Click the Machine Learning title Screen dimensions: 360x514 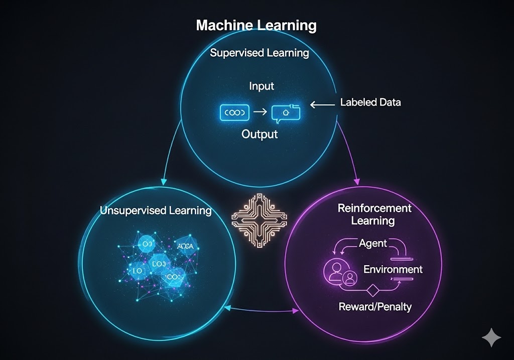coord(256,25)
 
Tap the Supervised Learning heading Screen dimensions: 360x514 coord(260,53)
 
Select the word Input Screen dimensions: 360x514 coord(262,86)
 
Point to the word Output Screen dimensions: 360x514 coord(260,135)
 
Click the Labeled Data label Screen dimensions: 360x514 coord(370,102)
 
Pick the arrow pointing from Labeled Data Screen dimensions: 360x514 coord(322,104)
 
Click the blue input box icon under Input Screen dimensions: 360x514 coord(234,113)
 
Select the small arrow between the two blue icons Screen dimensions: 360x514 coord(260,112)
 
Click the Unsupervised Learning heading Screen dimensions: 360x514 coord(156,210)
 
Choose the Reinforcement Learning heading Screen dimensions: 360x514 coord(374,214)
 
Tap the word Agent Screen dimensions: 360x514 coord(373,244)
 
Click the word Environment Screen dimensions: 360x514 coord(393,269)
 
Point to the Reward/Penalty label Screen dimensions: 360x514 coord(375,306)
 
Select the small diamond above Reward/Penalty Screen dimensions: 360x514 coord(372,290)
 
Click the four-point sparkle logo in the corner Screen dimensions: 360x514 coord(490,339)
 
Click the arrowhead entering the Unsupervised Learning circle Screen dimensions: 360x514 coord(164,182)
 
